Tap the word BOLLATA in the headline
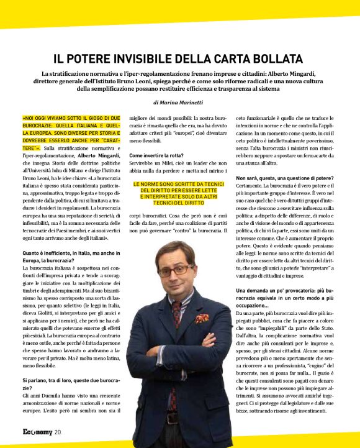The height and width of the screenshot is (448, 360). point(276,59)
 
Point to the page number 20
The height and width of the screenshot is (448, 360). point(57,432)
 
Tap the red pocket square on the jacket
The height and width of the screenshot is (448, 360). point(202,318)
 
